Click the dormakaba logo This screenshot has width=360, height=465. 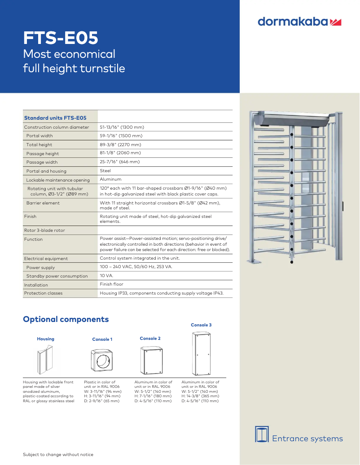click(x=300, y=22)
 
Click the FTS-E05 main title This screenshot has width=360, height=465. click(x=61, y=39)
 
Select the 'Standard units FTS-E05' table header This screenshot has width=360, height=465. click(x=55, y=118)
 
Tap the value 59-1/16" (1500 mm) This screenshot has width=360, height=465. click(x=121, y=136)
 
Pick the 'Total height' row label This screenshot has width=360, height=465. click(x=39, y=145)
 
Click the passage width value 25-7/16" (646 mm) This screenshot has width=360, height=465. click(x=119, y=162)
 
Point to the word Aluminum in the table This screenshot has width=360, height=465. click(x=110, y=179)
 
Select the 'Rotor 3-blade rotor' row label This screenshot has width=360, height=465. click(x=44, y=230)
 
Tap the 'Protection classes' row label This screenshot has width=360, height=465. click(x=43, y=293)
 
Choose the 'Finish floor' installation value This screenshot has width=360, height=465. click(x=111, y=284)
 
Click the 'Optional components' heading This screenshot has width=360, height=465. click(x=66, y=319)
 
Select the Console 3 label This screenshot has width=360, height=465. click(x=201, y=325)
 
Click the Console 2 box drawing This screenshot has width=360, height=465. click(x=150, y=361)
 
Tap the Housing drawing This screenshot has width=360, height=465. click(x=45, y=361)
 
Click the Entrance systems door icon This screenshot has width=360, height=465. click(x=261, y=434)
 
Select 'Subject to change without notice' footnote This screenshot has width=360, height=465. click(x=58, y=455)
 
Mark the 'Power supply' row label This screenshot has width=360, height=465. click(x=40, y=267)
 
